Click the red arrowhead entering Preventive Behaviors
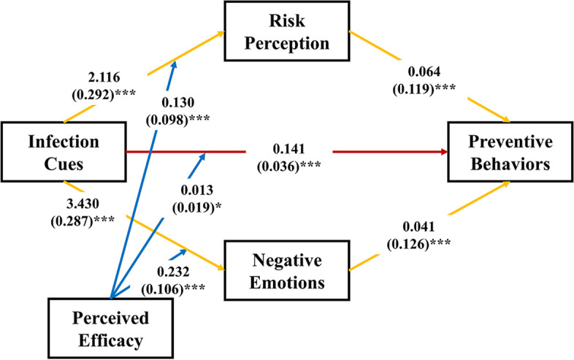pyautogui.click(x=443, y=152)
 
